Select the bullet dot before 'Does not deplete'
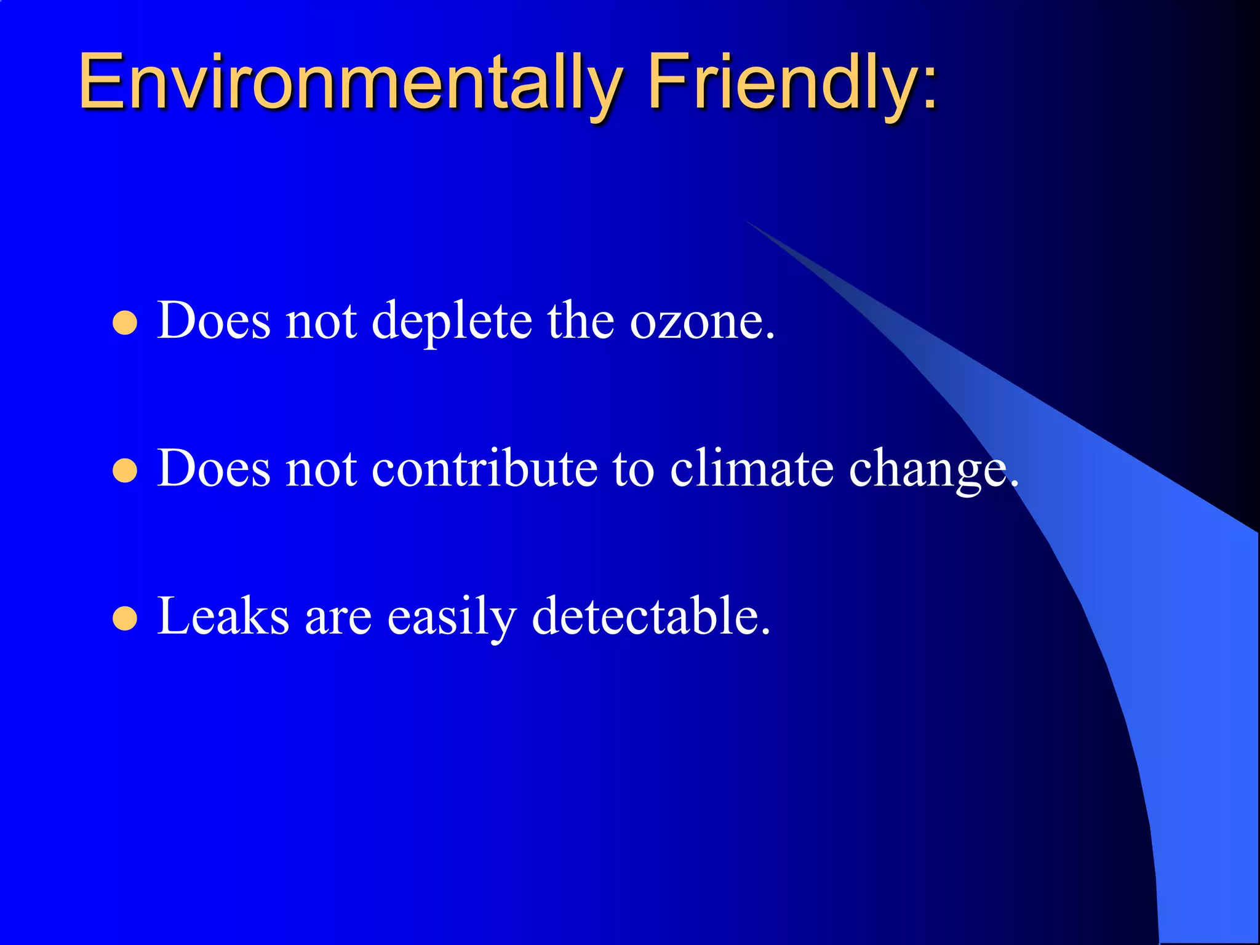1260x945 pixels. coord(125,323)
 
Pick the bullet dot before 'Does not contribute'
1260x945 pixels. coord(125,471)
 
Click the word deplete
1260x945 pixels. coord(452,322)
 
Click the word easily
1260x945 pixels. coord(452,617)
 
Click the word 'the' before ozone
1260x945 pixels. coord(581,321)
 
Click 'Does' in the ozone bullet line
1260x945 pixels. coord(213,321)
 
